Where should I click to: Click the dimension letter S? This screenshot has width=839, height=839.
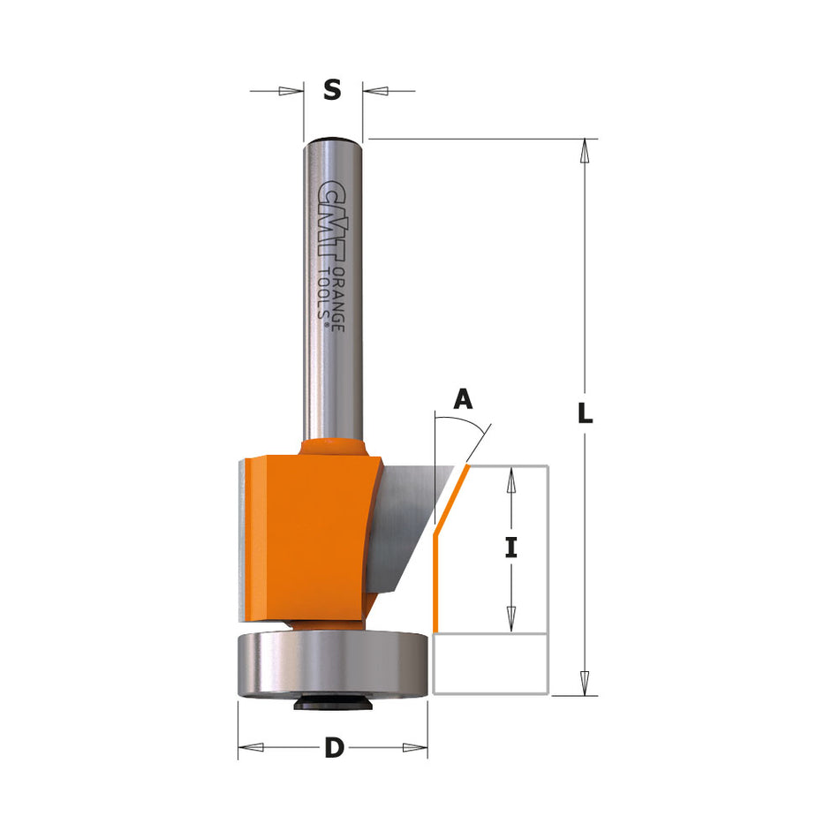(x=332, y=90)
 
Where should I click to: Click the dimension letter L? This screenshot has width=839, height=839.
(x=585, y=413)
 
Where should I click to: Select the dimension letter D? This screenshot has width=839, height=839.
(x=334, y=748)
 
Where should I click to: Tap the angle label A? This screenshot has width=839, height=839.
(x=463, y=400)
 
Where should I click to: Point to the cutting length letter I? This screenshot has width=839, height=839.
(x=510, y=548)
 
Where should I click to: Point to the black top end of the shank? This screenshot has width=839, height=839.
(x=332, y=140)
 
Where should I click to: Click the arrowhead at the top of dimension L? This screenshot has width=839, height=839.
(x=583, y=152)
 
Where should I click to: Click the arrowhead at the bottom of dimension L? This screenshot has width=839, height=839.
(x=583, y=683)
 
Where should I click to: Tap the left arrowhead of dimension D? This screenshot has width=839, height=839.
(x=251, y=748)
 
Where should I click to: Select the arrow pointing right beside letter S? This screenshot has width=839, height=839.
(x=291, y=90)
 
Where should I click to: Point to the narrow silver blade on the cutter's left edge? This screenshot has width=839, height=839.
(x=243, y=539)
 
